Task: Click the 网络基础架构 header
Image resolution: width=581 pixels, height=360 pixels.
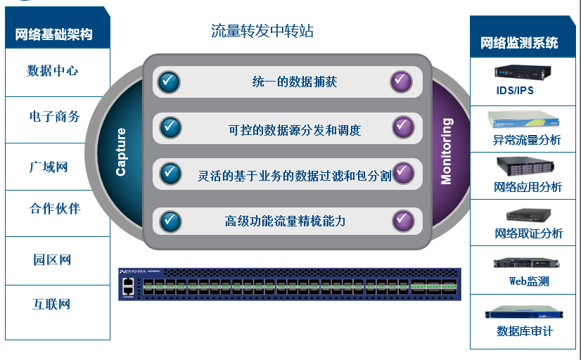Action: [53, 34]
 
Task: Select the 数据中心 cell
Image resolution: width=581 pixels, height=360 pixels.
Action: [53, 71]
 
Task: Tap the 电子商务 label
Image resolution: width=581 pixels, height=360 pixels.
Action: [55, 117]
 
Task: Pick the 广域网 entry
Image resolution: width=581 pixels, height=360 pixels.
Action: [49, 167]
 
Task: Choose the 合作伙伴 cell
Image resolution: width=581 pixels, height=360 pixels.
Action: [55, 209]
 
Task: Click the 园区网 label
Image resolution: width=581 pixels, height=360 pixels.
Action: [52, 259]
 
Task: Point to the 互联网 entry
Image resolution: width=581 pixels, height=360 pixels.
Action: [51, 304]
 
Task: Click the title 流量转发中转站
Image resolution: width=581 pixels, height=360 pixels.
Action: [262, 31]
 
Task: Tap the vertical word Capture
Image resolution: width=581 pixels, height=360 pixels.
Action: [121, 151]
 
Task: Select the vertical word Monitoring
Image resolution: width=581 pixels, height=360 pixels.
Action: [446, 151]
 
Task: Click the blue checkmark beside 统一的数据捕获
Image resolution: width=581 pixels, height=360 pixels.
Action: [169, 82]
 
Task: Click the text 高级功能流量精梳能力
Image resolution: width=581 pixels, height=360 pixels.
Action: [286, 221]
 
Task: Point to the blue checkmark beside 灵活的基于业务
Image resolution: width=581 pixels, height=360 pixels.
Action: [170, 173]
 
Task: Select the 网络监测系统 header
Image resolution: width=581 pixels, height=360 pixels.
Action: [519, 43]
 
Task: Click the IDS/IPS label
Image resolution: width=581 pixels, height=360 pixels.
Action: [515, 91]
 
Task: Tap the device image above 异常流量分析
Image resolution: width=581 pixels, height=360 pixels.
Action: [525, 117]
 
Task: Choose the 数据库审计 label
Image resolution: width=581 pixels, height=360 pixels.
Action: [525, 330]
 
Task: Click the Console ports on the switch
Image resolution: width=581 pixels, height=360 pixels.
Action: [127, 285]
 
